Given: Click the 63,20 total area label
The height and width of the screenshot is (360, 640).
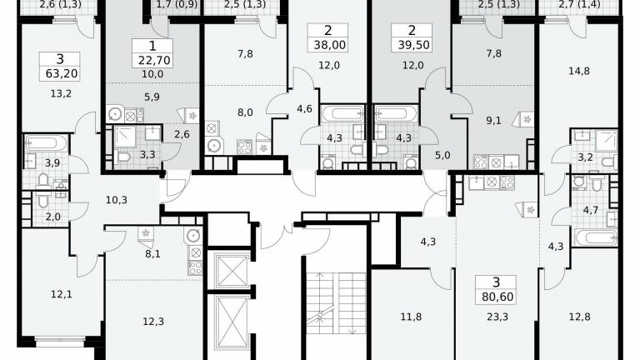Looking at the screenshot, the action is click(x=60, y=73).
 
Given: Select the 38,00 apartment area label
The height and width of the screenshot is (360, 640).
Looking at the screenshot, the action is click(x=330, y=45).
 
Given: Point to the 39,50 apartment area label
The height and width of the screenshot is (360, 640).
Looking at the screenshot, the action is click(x=414, y=45).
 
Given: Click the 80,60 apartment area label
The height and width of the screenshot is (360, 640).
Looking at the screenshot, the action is click(x=497, y=297).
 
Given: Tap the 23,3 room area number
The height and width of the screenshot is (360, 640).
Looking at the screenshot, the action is click(x=497, y=317).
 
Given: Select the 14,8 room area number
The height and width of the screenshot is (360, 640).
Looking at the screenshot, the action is click(x=579, y=71).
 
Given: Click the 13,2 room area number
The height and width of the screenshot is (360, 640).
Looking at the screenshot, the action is click(x=61, y=93).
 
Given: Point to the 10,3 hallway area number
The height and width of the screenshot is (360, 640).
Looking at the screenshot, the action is click(x=117, y=200).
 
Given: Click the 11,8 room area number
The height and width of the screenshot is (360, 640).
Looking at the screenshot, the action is click(x=411, y=317).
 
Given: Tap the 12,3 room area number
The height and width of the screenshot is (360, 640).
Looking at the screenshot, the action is click(x=153, y=322).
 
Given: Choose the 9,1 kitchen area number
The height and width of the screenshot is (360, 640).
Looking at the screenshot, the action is click(x=493, y=121).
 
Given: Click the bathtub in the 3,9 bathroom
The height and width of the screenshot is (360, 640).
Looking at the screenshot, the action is click(x=46, y=142).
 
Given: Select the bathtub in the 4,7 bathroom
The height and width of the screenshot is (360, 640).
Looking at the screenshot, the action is click(x=596, y=237).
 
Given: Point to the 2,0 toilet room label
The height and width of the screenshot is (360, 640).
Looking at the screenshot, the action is click(x=53, y=217).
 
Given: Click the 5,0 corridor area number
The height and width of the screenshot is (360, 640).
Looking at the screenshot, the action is click(x=442, y=156).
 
